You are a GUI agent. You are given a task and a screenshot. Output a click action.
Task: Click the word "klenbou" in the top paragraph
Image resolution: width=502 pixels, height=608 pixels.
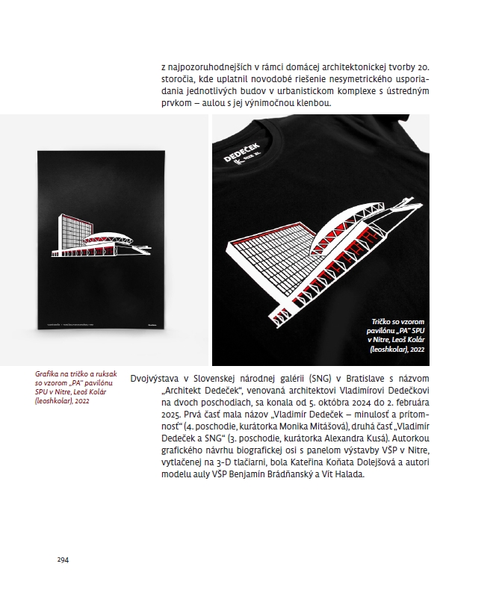pos(307,102)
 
